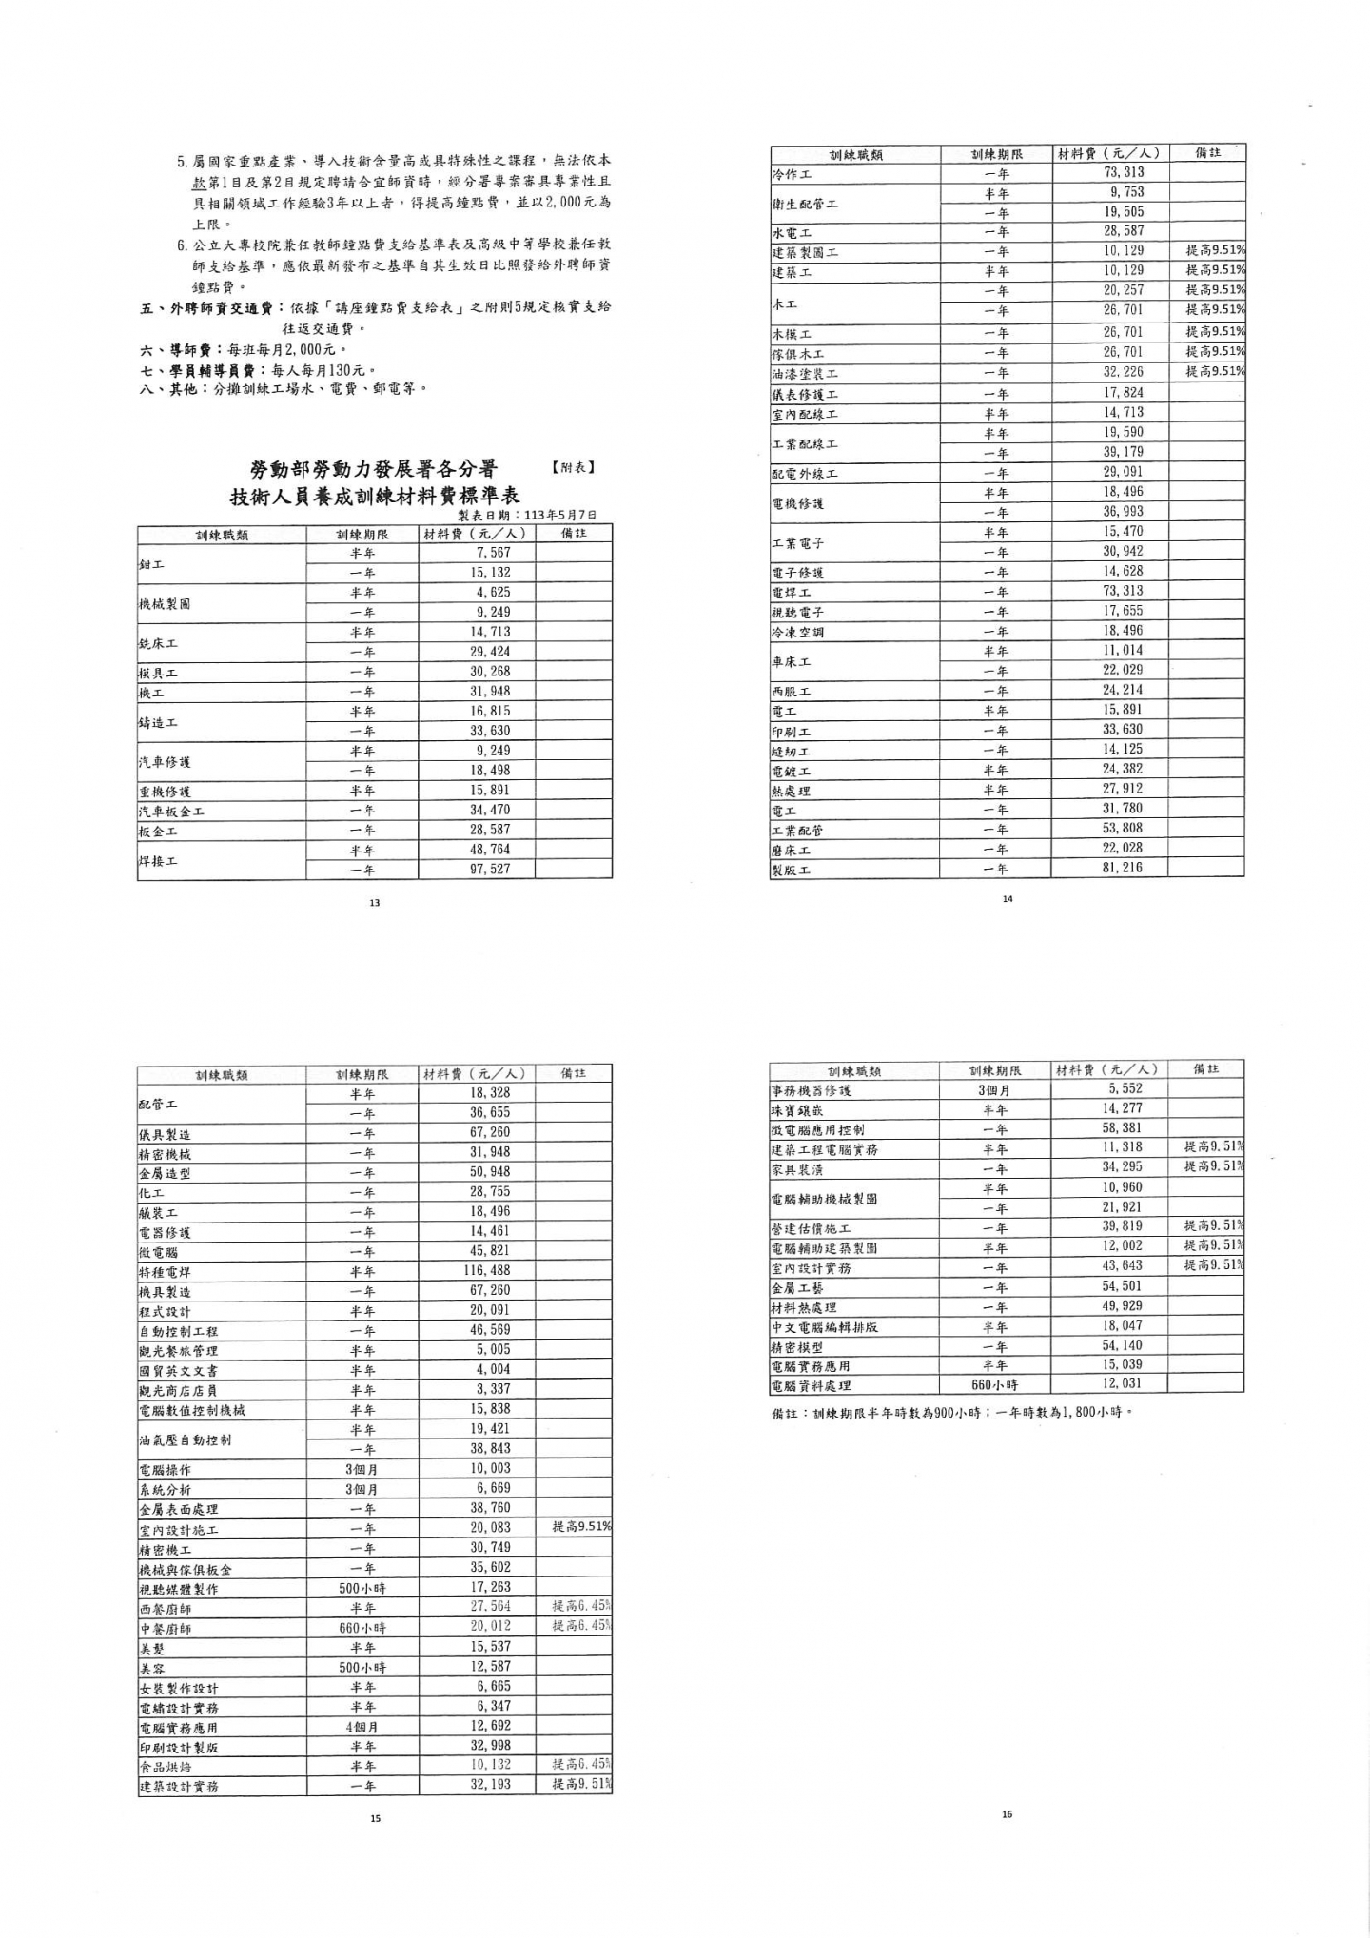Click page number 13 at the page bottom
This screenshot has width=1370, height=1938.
[x=374, y=903]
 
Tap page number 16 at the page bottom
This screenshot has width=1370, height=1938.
[x=1007, y=1813]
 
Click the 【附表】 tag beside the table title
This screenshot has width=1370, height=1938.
[x=572, y=467]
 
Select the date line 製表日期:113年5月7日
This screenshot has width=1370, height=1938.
[x=534, y=515]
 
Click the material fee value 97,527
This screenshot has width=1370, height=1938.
[x=490, y=870]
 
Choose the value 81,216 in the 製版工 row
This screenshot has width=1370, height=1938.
[x=1123, y=868]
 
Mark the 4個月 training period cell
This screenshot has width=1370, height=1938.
[x=362, y=1727]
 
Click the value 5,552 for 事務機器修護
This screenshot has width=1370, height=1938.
[x=1125, y=1088]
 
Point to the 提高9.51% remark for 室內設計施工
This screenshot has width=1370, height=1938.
[x=581, y=1526]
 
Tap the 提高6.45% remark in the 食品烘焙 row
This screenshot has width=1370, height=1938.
[x=581, y=1764]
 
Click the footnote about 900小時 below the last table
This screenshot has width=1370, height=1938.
[x=951, y=1413]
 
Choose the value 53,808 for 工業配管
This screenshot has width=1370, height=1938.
[x=1123, y=828]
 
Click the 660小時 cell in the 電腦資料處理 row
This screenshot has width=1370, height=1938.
[x=994, y=1384]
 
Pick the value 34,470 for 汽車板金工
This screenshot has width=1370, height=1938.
[x=490, y=810]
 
